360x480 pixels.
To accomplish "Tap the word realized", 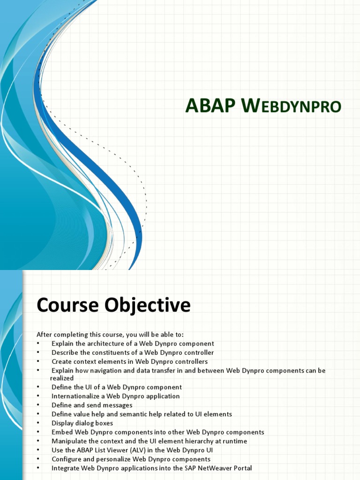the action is pyautogui.click(x=62, y=378).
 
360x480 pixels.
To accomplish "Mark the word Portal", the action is pyautogui.click(x=243, y=468).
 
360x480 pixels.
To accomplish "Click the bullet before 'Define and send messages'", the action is pyautogui.click(x=38, y=405).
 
